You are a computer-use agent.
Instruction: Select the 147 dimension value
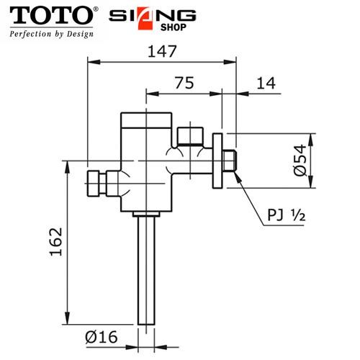(x=162, y=52)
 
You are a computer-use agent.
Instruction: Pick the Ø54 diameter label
(x=303, y=161)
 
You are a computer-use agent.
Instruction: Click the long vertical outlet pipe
(x=147, y=274)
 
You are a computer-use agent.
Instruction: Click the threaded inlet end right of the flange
(x=230, y=161)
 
